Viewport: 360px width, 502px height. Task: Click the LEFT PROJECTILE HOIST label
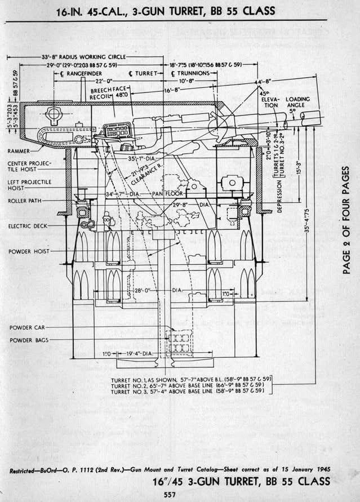tap(28, 185)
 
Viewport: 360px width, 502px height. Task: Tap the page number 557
tap(164, 494)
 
